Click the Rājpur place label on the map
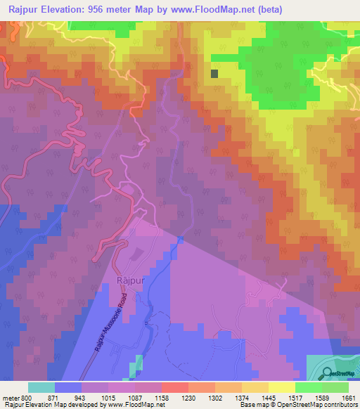pos(128,280)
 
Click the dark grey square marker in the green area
pos(214,73)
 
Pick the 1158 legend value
pos(173,398)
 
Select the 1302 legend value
pos(226,398)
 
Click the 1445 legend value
pos(280,398)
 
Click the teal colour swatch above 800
pos(41,387)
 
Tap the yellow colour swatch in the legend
pos(281,387)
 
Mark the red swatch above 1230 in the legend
pos(174,387)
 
